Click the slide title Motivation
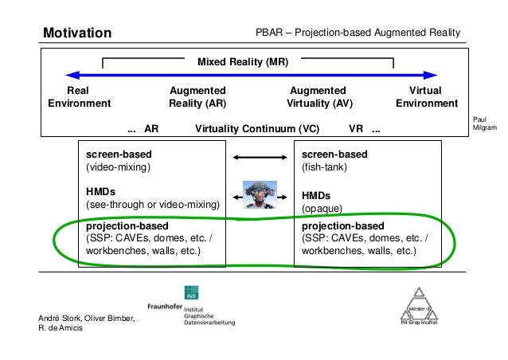click(77, 33)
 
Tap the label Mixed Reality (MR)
click(243, 61)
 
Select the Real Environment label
click(79, 96)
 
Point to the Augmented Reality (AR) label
click(197, 96)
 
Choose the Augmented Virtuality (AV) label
click(318, 96)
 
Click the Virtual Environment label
click(426, 96)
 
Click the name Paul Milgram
click(484, 122)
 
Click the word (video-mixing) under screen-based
click(118, 168)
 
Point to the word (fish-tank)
click(324, 168)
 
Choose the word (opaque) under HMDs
click(322, 209)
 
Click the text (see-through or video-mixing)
click(152, 205)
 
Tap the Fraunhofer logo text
click(170, 306)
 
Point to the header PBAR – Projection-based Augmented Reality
click(358, 33)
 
